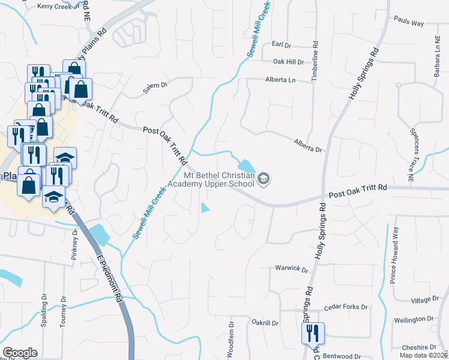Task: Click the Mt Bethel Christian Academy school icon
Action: point(263,178)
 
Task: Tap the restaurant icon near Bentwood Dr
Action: point(312,332)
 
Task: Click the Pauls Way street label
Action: point(409,23)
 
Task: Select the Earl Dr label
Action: point(280,44)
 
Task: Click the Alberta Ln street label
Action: point(281,80)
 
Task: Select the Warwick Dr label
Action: point(291,268)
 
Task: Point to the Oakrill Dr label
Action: point(265,323)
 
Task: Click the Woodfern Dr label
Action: point(231,339)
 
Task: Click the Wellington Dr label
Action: point(414,319)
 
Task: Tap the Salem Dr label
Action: point(154,86)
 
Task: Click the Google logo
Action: point(20,353)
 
